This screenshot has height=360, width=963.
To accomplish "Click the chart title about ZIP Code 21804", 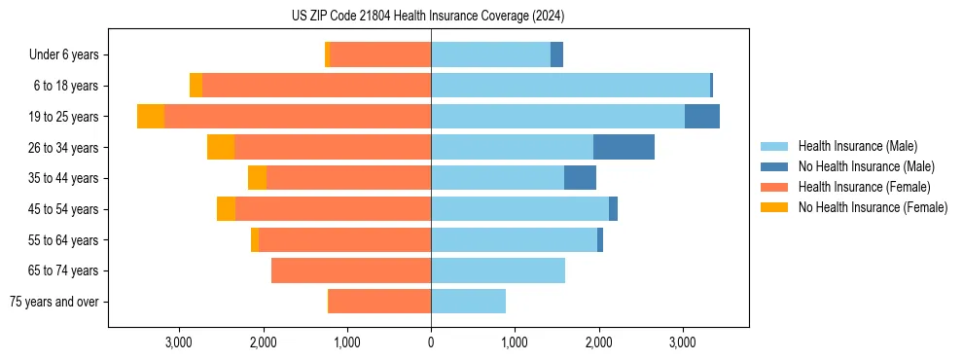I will click(x=428, y=17).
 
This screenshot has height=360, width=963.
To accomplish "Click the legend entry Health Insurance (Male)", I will click(x=857, y=146).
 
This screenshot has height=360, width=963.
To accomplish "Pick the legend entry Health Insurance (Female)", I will click(x=865, y=187).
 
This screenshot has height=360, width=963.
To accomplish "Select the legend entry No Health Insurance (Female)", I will click(x=873, y=207).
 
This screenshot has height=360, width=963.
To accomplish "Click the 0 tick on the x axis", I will click(x=431, y=342).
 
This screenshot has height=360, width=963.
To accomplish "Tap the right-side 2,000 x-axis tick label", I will click(x=598, y=342).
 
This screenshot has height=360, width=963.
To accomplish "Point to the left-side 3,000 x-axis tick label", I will click(x=179, y=342).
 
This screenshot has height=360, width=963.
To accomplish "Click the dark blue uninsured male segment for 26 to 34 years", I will click(x=624, y=147).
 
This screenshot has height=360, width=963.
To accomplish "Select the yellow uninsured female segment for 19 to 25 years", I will click(x=151, y=117).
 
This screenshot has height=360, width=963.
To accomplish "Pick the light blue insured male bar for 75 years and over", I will click(x=468, y=302).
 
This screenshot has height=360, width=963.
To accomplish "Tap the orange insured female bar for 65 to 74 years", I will click(x=351, y=270).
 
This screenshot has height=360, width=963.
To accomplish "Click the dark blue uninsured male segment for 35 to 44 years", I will click(x=580, y=178).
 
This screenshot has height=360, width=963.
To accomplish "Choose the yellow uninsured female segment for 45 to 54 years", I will click(x=226, y=209).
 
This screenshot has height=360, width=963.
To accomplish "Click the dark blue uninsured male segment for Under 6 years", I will click(x=556, y=54).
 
